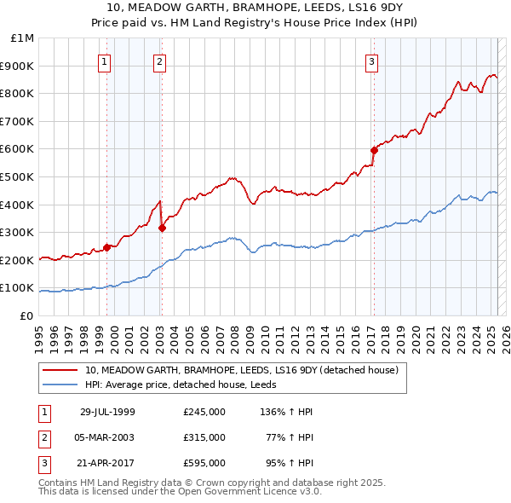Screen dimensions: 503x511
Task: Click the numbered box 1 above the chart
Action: pos(104,61)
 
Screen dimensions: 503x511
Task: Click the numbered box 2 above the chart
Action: pos(159,61)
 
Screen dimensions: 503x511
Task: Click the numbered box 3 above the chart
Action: pos(372,61)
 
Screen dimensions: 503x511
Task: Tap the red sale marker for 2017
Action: pos(373,150)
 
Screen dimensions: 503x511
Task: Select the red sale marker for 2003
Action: pos(162,228)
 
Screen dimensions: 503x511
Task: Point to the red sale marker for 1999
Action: pos(107,247)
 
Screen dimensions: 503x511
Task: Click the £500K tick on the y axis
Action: pos(20,176)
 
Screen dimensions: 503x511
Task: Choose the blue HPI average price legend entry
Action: pos(187,385)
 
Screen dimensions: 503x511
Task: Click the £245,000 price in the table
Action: pos(204,412)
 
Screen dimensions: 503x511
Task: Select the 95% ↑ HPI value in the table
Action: pos(292,463)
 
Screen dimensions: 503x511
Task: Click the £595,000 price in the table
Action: pos(204,463)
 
